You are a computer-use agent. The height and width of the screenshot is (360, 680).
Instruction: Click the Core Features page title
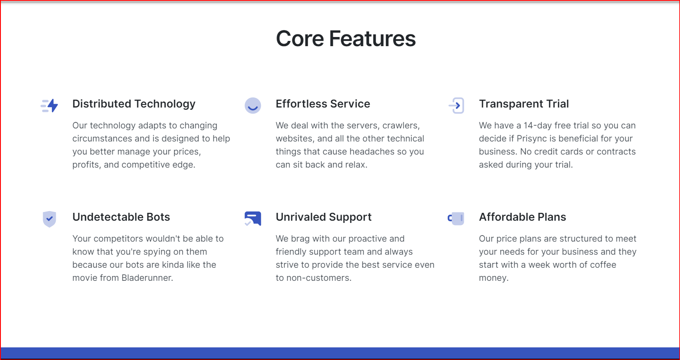pyautogui.click(x=346, y=39)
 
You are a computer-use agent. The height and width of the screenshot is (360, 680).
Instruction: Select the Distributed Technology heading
pyautogui.click(x=134, y=104)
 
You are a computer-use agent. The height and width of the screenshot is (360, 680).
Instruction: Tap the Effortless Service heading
pyautogui.click(x=323, y=104)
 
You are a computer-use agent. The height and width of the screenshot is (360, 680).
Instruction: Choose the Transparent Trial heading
pyautogui.click(x=524, y=104)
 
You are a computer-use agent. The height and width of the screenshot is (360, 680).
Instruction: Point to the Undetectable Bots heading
pyautogui.click(x=121, y=217)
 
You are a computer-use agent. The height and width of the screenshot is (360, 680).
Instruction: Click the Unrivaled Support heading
pyautogui.click(x=323, y=217)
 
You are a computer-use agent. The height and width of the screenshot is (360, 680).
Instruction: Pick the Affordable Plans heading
pyautogui.click(x=522, y=217)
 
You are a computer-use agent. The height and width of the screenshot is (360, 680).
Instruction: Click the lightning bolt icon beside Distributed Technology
pyautogui.click(x=50, y=106)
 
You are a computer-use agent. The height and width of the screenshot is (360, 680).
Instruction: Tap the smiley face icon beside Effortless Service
pyautogui.click(x=253, y=106)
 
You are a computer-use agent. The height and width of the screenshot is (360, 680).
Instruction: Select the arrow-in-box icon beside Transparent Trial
pyautogui.click(x=456, y=106)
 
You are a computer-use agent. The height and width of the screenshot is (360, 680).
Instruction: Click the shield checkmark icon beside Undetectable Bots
pyautogui.click(x=50, y=219)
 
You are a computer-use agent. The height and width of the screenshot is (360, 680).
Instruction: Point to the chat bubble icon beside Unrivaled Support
pyautogui.click(x=253, y=219)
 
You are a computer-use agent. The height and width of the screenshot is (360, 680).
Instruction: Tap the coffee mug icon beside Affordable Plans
pyautogui.click(x=456, y=219)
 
